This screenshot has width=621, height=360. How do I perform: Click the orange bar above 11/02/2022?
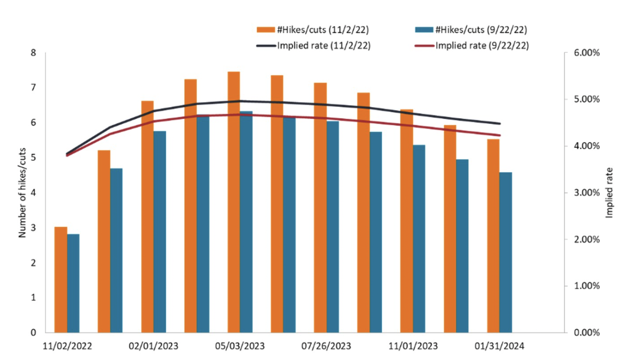coord(60,279)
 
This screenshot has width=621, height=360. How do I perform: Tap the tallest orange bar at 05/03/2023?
coord(234,202)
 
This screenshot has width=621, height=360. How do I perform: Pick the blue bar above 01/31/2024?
coord(505,252)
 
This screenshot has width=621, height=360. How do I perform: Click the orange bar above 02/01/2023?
coord(147,216)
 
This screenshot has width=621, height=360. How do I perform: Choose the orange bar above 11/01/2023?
coord(406,221)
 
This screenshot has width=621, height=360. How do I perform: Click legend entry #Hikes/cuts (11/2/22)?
coord(319,30)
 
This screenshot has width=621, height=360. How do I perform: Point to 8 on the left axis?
coord(34,53)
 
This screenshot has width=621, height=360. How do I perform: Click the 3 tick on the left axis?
coord(34,228)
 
